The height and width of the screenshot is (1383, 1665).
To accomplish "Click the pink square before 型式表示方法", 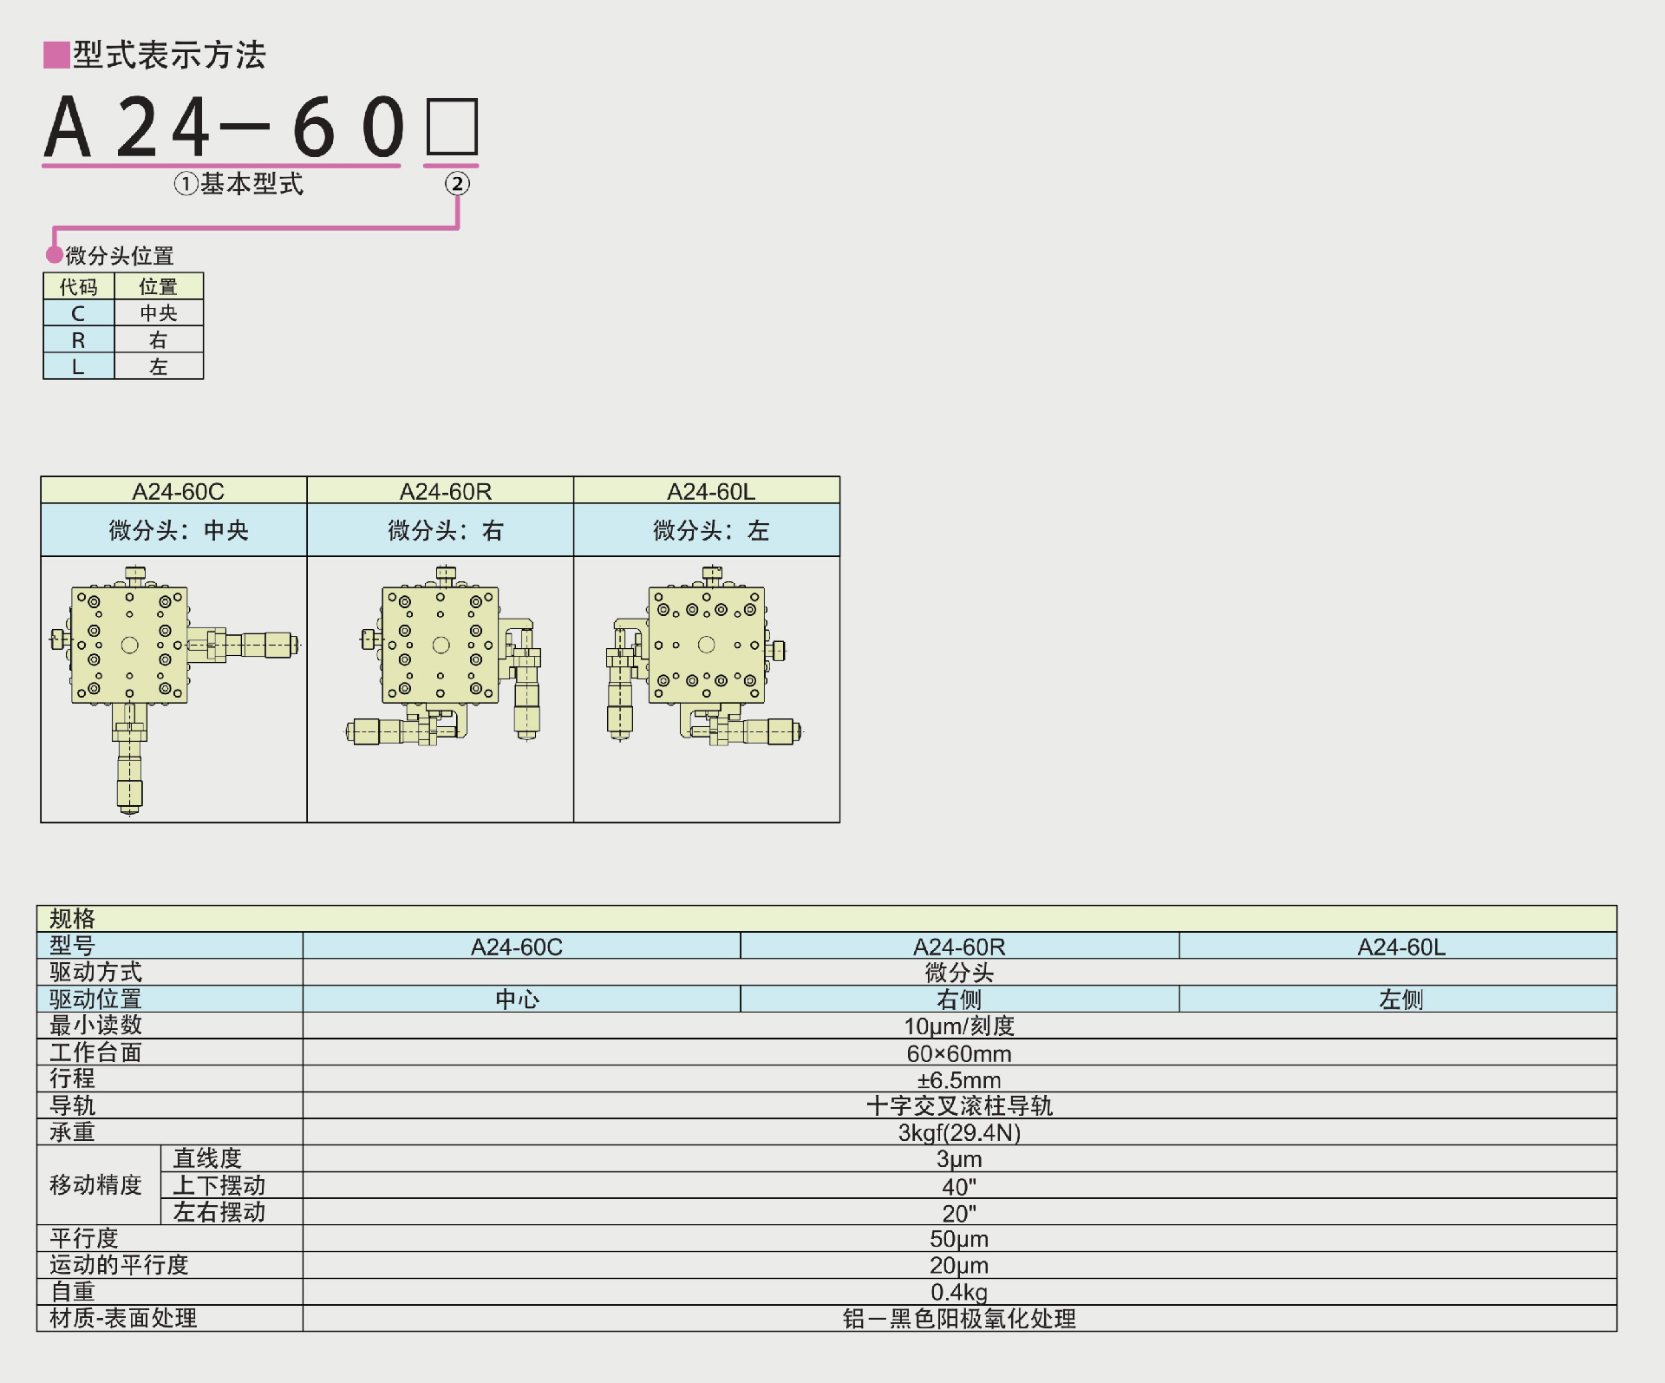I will coord(56,55).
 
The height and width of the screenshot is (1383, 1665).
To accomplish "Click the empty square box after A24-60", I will coord(451,127).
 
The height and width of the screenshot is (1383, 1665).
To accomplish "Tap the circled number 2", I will coord(457,183).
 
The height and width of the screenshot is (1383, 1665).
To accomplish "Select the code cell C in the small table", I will coord(78,313).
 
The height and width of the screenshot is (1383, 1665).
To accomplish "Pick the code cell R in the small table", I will coord(78,340).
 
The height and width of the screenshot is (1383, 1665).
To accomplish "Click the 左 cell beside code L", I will coord(158,366).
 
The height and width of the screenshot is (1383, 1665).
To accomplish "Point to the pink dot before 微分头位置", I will coord(55,254).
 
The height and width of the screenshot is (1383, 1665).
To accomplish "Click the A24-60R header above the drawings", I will coord(445,491).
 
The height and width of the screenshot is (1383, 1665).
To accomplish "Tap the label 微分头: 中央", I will coord(179,530).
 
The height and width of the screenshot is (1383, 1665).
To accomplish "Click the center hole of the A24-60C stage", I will coord(129,645).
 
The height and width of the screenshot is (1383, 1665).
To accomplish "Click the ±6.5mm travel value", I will coord(959,1080).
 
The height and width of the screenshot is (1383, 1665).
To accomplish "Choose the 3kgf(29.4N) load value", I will coord(959,1132).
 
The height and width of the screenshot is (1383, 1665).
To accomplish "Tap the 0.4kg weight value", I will coord(959,1292).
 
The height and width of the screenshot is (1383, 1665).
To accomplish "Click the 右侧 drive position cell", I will coord(959,1000).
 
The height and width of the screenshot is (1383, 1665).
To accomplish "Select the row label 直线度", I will coord(207,1158).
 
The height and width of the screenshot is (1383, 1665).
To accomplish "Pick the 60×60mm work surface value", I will coord(959,1053).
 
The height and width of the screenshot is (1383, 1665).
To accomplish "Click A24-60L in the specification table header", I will coord(1401,947).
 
